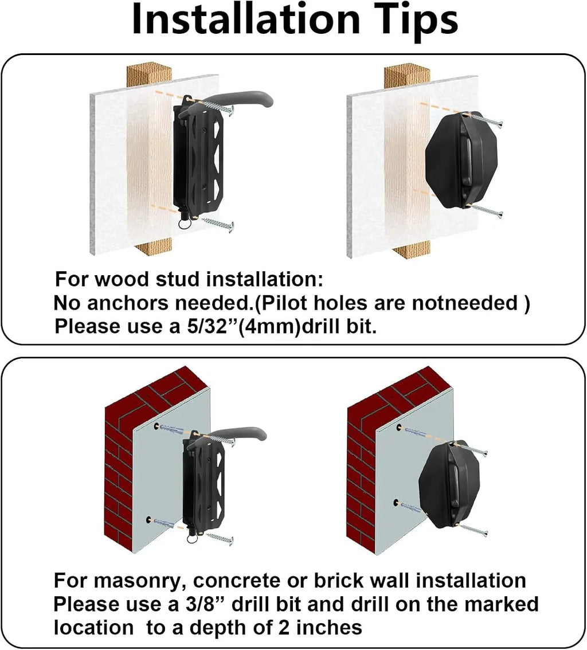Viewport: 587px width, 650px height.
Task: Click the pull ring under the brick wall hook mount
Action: point(192,538)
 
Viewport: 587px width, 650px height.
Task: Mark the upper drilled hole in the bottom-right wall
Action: point(399,428)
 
